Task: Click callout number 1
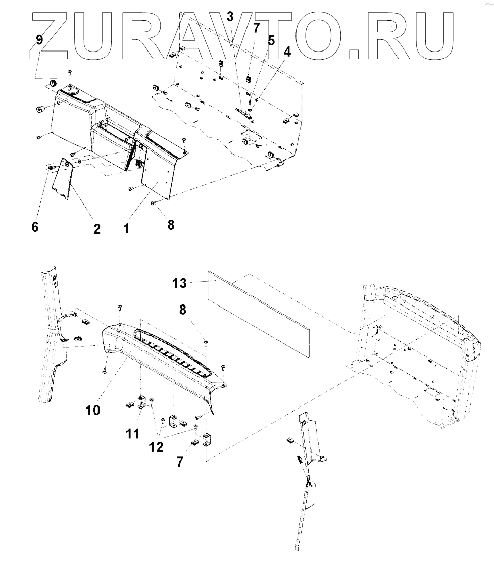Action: point(126,228)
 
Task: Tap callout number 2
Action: point(96,229)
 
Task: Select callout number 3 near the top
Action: point(230,16)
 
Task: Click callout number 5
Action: point(271,41)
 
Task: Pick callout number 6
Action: point(35,227)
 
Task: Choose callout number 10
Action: point(92,410)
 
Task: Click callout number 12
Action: point(157,447)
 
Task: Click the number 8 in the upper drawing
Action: point(171,225)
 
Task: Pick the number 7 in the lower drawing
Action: point(180,462)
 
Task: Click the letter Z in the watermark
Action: point(53,33)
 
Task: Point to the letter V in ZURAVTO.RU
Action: point(230,33)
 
